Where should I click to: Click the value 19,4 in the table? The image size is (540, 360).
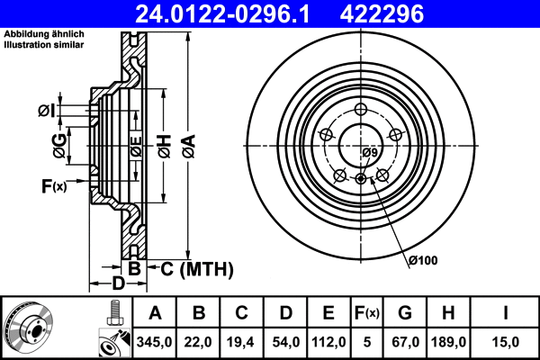tap(241, 343)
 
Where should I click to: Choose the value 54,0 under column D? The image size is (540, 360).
tap(284, 343)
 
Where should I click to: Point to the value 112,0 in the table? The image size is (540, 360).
tap(328, 343)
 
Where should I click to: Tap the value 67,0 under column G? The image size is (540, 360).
tap(405, 343)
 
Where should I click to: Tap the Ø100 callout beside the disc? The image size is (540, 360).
tap(422, 261)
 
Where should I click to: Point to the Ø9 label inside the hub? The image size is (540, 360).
tap(369, 153)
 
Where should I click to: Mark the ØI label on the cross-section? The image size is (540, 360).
tap(47, 111)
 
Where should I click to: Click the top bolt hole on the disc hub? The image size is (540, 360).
tap(359, 109)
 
